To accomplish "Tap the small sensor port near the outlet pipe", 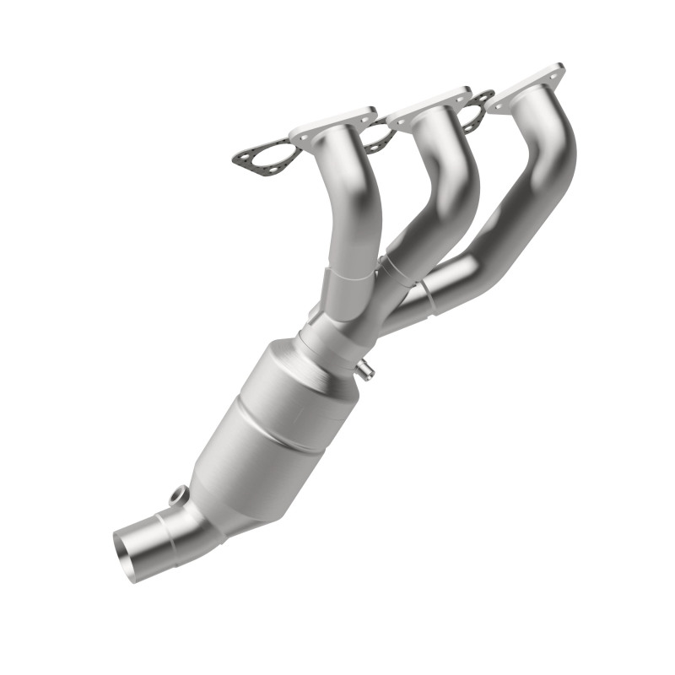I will coord(177,497).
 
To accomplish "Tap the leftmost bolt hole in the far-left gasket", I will coord(244,157).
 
